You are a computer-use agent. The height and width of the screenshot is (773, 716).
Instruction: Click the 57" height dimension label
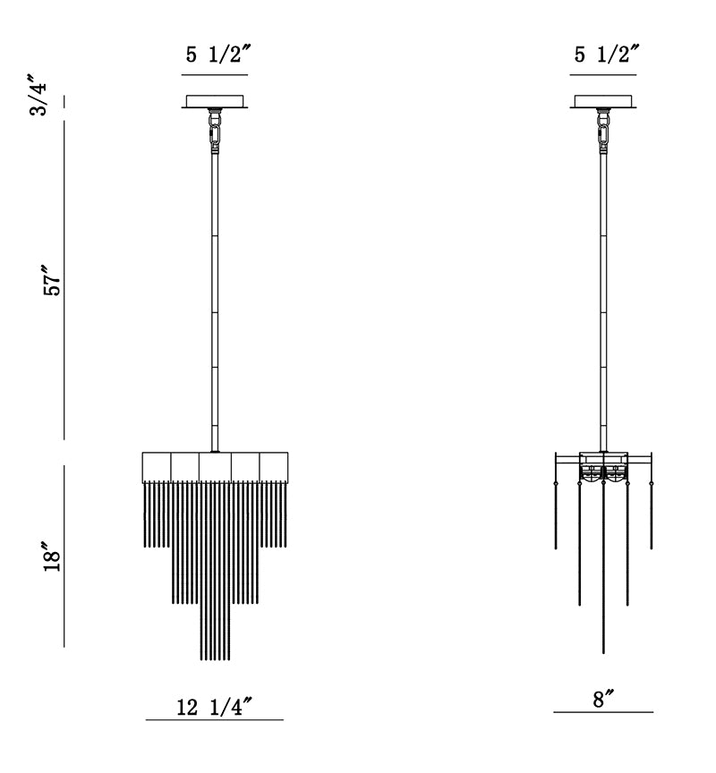52,281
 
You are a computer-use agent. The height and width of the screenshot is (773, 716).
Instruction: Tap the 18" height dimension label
52,557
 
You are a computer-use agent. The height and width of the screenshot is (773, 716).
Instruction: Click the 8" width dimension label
603,699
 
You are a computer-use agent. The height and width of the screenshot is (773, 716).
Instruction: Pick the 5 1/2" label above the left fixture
218,54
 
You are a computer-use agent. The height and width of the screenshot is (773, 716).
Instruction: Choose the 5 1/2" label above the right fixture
607,54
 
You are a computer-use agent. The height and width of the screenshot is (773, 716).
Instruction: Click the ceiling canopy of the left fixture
215,101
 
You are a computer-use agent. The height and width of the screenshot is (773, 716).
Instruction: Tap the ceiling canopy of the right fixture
602,101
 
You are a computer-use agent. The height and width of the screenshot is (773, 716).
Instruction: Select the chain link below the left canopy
215,133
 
